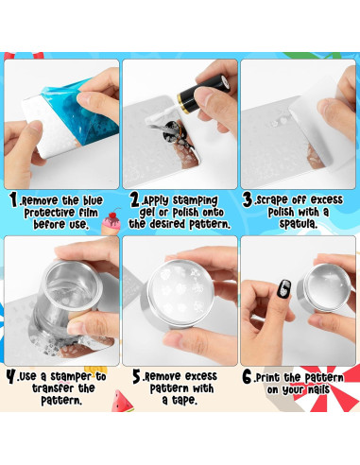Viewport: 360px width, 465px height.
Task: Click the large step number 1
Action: [x=13, y=200]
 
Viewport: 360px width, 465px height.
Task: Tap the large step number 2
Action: [x=135, y=200]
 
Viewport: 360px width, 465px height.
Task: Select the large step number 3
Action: [x=248, y=199]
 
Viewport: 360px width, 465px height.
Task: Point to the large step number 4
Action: [x=11, y=376]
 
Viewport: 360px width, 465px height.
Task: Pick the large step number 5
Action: [x=137, y=376]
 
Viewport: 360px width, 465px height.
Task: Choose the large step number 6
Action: [x=248, y=377]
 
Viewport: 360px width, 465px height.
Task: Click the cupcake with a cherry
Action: [x=111, y=221]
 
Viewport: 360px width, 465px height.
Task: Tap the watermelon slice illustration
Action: [x=122, y=401]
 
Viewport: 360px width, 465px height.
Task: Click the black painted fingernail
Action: [x=283, y=289]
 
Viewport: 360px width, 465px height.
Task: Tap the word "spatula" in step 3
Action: [x=298, y=224]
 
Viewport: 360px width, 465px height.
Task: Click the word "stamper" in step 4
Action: [x=71, y=376]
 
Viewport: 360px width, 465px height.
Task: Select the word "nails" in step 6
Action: [x=318, y=389]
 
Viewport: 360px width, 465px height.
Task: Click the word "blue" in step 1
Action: [x=93, y=200]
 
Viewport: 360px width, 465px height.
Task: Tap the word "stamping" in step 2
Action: [x=196, y=200]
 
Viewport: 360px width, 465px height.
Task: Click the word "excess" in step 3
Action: [x=327, y=199]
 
